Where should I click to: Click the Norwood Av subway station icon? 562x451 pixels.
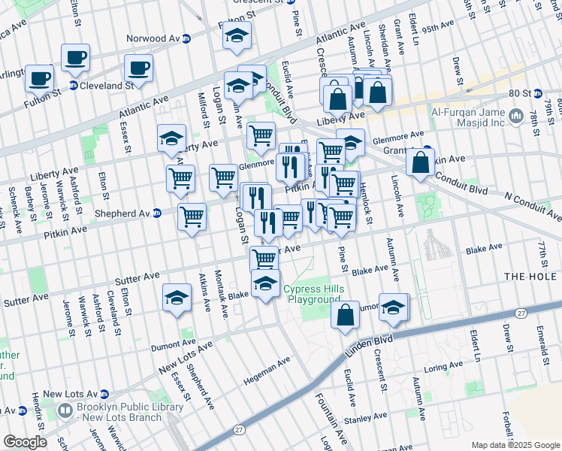(x=186, y=38)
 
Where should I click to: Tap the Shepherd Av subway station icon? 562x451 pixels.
(x=156, y=213)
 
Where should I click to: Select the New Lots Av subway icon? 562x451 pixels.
(x=104, y=394)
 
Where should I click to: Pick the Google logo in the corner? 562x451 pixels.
(x=24, y=442)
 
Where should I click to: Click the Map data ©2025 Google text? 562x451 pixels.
(x=514, y=445)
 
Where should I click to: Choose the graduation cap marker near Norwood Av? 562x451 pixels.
(x=237, y=38)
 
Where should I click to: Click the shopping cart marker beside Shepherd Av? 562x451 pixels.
(x=192, y=216)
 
